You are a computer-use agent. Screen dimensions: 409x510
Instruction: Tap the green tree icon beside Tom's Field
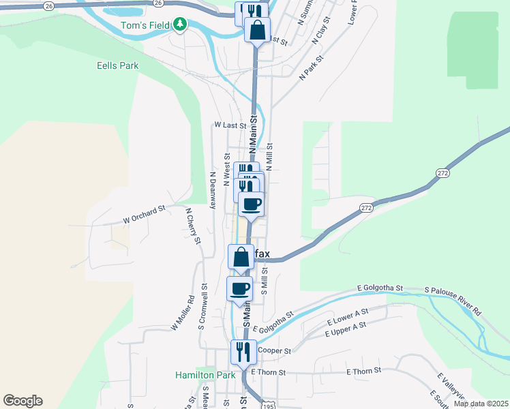point(179,25)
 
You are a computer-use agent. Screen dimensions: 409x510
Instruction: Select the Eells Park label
point(118,66)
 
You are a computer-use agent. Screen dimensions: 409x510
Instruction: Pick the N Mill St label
point(269,157)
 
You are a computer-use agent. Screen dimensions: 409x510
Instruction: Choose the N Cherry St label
point(193,226)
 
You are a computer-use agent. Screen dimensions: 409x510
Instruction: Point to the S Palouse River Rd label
point(453,301)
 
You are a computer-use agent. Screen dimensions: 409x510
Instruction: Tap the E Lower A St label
point(348,316)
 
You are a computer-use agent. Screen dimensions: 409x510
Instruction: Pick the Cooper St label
point(274,351)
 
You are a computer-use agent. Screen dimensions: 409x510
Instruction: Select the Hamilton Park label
point(205,374)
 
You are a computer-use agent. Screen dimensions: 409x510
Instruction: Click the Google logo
point(22,401)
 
